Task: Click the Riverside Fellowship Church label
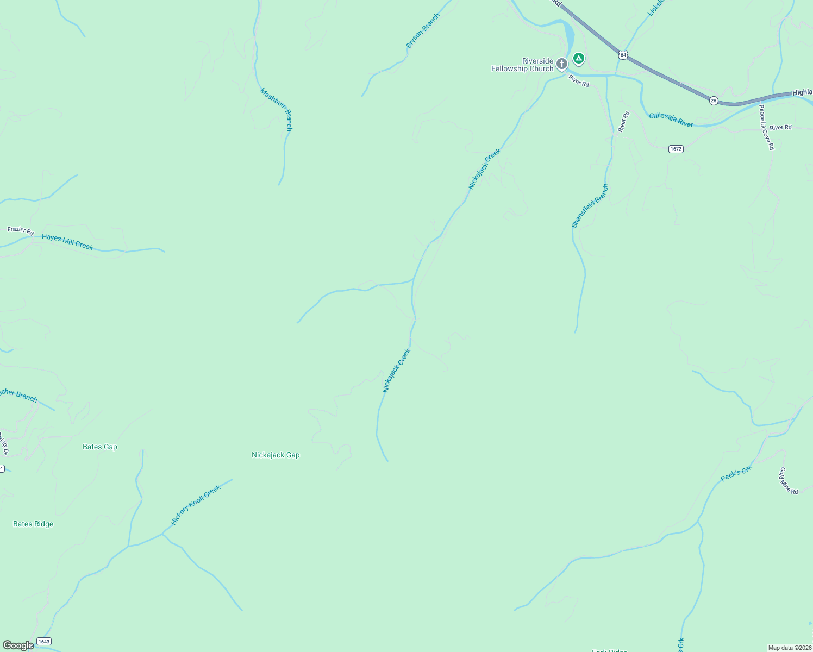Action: point(522,65)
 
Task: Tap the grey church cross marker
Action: point(562,64)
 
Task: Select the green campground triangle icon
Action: point(579,58)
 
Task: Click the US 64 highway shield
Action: point(623,55)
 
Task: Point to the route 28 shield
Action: point(714,101)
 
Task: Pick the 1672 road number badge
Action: point(676,149)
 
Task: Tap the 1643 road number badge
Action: point(44,642)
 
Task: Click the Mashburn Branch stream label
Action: point(276,109)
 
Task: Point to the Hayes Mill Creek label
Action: point(67,242)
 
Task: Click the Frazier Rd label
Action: point(21,231)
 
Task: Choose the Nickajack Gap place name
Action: point(276,455)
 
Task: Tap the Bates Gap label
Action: point(100,447)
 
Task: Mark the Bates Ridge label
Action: point(33,524)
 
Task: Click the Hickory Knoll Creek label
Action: point(196,505)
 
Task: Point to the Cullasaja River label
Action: point(671,120)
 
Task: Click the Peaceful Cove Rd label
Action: point(766,127)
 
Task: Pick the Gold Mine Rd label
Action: point(789,481)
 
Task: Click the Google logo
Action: point(18,645)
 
